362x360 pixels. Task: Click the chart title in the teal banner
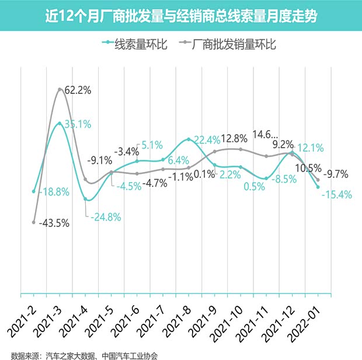coord(181,16)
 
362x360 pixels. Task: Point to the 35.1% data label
coord(78,124)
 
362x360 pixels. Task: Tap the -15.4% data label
coord(336,195)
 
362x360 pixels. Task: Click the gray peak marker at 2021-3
coord(60,89)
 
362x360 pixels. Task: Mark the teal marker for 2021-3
coord(60,123)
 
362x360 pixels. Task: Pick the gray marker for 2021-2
coord(34,222)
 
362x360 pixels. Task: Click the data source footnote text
coord(85,353)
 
